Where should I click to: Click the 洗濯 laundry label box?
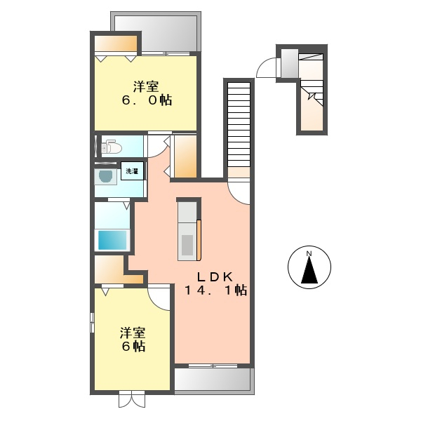pos(131,171)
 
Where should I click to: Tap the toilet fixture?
pos(112,147)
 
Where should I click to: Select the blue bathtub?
pos(112,240)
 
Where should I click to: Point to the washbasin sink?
pos(106,176)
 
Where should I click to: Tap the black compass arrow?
pos(309,271)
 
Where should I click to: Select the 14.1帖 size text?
pos(215,290)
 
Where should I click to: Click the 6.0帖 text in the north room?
pos(146,100)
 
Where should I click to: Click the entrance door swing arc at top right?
pos(267,67)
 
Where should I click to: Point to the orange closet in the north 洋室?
pos(116,44)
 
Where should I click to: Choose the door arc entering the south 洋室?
pos(160,297)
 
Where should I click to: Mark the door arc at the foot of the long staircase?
pos(239,190)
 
